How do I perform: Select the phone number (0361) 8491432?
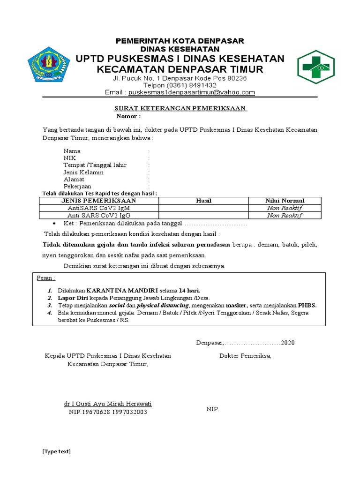click(x=180, y=85)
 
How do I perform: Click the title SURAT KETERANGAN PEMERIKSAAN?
click(x=181, y=109)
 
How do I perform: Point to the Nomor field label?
click(x=128, y=116)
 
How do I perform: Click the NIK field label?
click(x=70, y=158)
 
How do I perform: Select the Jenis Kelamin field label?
click(x=83, y=172)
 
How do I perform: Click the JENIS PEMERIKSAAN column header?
click(x=98, y=201)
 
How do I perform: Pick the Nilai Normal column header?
click(x=285, y=201)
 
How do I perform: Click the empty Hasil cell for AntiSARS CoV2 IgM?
click(x=203, y=208)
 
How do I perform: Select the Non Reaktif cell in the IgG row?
click(x=285, y=216)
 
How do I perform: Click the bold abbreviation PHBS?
click(x=307, y=305)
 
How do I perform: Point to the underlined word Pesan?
click(x=45, y=278)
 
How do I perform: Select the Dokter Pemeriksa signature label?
click(x=245, y=356)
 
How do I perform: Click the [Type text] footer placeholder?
click(x=56, y=451)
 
